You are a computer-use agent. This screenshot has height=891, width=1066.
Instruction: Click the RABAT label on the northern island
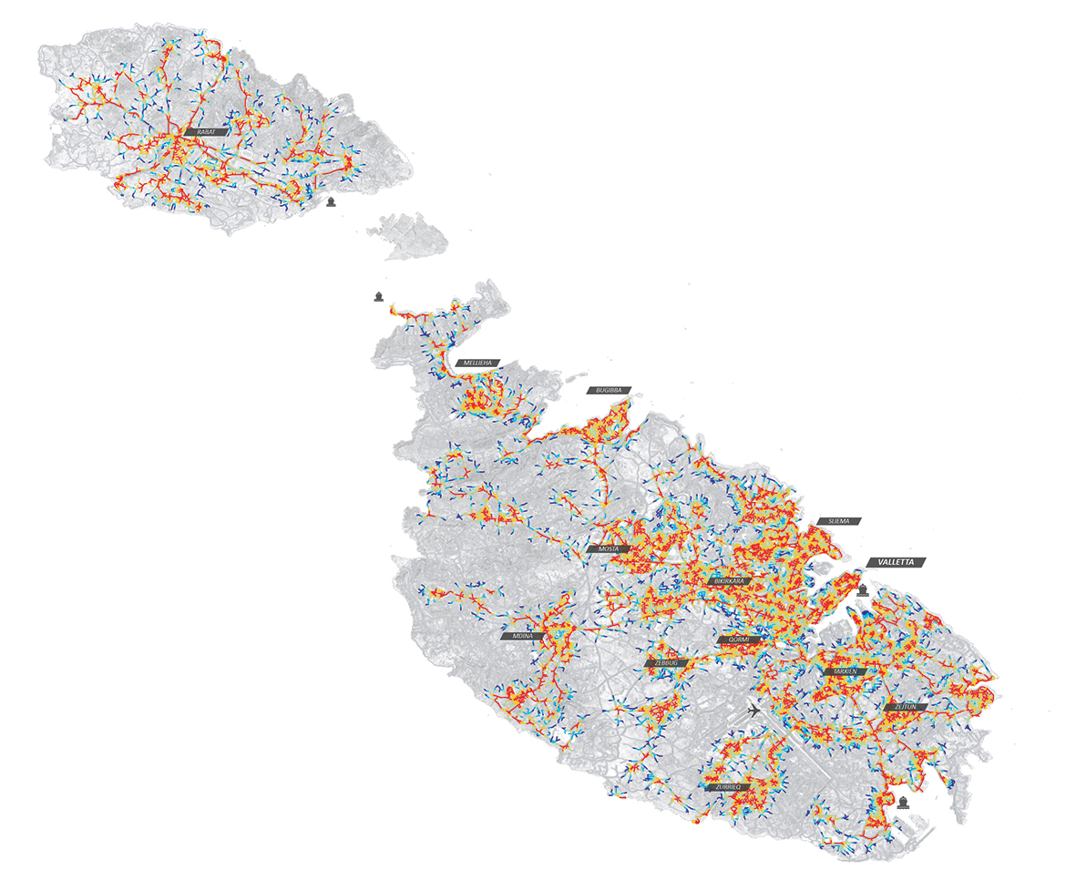[x=205, y=132]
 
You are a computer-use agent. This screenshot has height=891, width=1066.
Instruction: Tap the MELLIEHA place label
[x=478, y=364]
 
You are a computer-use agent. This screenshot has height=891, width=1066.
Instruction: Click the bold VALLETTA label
[x=896, y=562]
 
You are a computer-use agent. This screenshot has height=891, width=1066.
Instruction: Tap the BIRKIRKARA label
[x=731, y=580]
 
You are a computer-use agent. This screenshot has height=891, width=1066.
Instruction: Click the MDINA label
[x=522, y=636]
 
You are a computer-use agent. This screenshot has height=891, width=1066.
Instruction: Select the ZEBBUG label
[x=667, y=663]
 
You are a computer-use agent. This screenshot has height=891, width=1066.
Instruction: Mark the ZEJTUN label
[x=905, y=707]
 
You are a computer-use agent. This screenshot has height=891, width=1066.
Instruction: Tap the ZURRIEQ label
[x=727, y=786]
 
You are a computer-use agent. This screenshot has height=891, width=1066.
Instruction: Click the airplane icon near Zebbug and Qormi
[x=753, y=709]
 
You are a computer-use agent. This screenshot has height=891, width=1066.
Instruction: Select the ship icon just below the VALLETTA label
[x=863, y=589]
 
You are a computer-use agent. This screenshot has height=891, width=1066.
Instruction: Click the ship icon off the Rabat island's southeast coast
[x=331, y=201]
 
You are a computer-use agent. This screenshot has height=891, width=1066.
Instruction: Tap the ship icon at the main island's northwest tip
[x=377, y=296]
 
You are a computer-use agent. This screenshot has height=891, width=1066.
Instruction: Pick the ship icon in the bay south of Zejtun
[x=903, y=803]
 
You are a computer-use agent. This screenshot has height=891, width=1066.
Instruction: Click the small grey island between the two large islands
[x=415, y=234]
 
